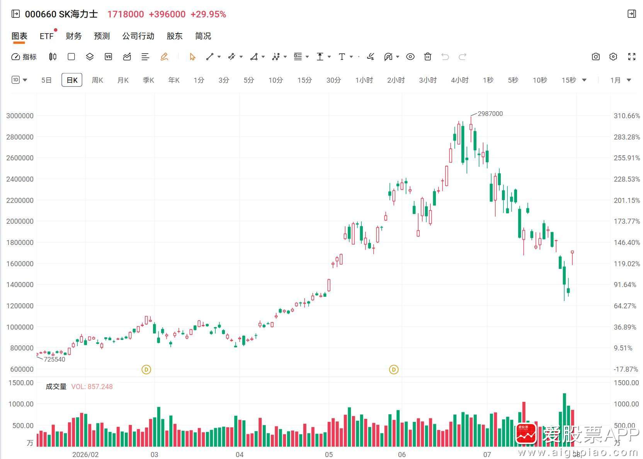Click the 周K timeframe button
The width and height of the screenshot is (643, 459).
97,80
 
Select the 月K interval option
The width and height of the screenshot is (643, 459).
123,80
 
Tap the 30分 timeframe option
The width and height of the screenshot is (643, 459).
333,80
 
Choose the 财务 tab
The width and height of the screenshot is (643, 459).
74,36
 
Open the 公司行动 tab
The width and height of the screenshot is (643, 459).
138,36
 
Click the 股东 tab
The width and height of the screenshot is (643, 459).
175,36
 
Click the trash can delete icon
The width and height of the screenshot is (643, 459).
428,56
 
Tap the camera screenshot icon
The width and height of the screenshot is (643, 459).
595,56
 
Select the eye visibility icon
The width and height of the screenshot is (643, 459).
410,56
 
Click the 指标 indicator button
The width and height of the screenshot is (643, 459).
24,57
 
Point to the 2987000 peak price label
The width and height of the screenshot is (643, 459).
490,114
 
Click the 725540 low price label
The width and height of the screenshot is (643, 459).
54,359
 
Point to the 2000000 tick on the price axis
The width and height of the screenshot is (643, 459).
20,221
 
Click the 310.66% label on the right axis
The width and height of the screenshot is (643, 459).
627,116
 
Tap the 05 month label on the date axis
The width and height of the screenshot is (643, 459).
329,455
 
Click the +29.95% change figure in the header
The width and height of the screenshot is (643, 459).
208,14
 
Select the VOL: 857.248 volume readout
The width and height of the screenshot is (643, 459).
92,387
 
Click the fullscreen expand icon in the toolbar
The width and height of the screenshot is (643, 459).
632,56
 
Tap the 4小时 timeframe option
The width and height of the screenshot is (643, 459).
459,80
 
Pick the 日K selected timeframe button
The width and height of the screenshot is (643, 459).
72,80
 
